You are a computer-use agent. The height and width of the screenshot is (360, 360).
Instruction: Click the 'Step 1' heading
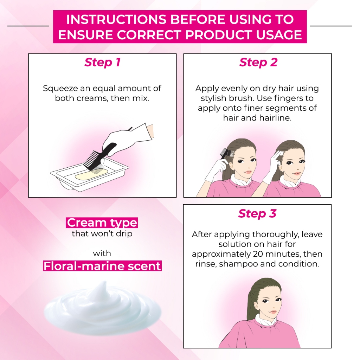pyautogui.click(x=102, y=63)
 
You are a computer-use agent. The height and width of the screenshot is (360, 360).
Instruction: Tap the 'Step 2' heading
pyautogui.click(x=258, y=63)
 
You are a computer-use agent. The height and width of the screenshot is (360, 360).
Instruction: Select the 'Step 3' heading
pyautogui.click(x=257, y=213)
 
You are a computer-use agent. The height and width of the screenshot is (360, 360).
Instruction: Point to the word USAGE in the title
pyautogui.click(x=279, y=35)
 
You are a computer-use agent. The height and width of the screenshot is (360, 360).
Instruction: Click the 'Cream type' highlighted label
pyautogui.click(x=102, y=223)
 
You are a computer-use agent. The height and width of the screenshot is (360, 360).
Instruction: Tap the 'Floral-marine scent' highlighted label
pyautogui.click(x=102, y=266)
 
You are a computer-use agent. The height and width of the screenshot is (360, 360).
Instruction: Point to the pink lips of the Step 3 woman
pyautogui.click(x=272, y=312)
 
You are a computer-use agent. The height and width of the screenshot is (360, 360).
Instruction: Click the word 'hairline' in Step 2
pyautogui.click(x=275, y=118)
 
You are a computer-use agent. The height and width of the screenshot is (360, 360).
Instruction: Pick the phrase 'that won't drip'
pyautogui.click(x=102, y=234)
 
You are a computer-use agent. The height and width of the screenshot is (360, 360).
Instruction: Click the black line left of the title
pyautogui.click(x=28, y=26)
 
